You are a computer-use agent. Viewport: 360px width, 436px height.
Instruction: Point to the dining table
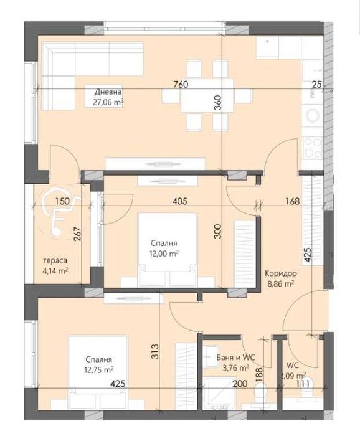[207, 95]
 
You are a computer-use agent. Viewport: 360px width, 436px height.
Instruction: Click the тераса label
[55, 261]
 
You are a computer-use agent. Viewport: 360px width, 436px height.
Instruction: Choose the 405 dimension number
[180, 201]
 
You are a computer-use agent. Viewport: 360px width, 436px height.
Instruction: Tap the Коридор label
[280, 273]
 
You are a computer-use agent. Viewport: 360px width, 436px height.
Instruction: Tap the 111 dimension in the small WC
[301, 384]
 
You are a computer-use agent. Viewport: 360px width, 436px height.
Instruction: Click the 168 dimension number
[292, 201]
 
